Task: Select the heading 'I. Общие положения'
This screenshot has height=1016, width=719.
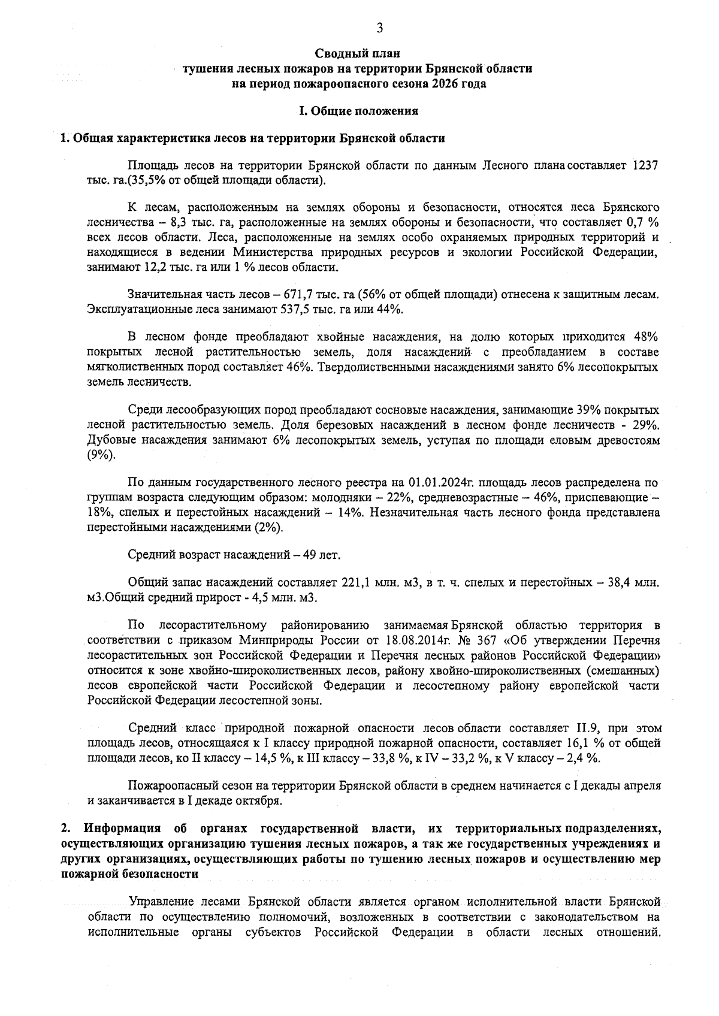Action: pos(358,111)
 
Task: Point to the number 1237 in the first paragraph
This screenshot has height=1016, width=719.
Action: pos(647,165)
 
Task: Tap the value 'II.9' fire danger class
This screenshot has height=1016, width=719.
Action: pos(588,728)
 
